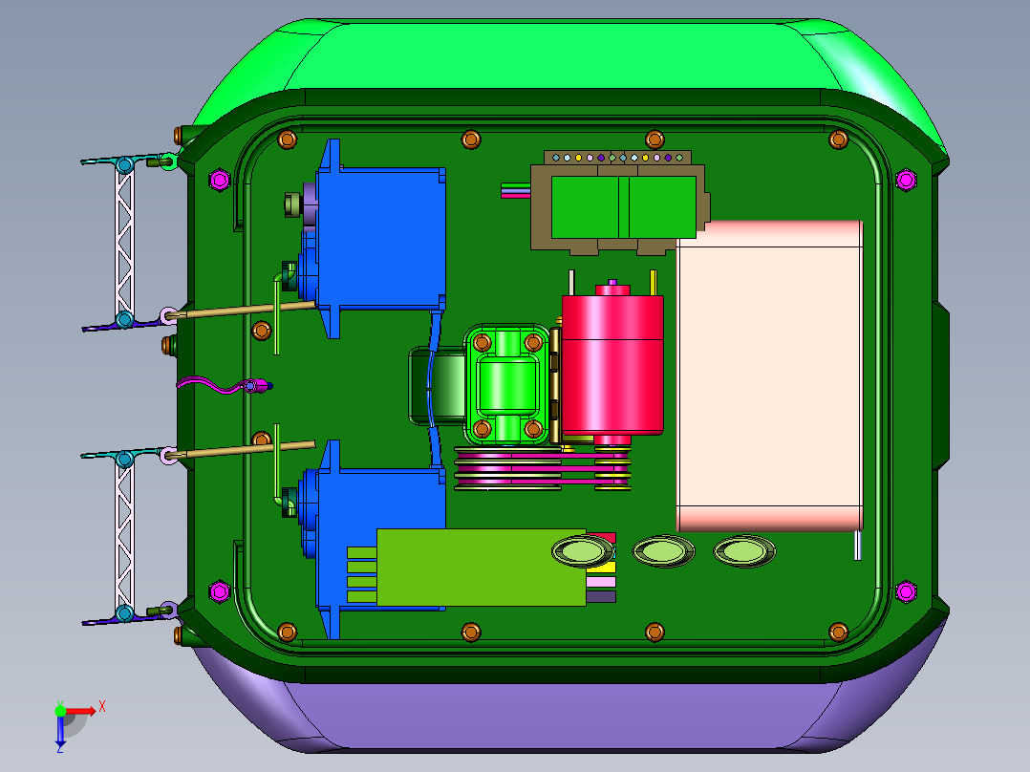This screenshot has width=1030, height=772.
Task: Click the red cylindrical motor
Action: pyautogui.click(x=612, y=365)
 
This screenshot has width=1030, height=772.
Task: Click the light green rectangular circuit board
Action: pyautogui.click(x=482, y=567)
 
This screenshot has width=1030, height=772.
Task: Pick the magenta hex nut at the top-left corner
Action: pyautogui.click(x=220, y=180)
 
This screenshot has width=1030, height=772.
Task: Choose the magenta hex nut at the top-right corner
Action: pyautogui.click(x=906, y=180)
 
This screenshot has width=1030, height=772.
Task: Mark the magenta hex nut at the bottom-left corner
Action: pyautogui.click(x=220, y=591)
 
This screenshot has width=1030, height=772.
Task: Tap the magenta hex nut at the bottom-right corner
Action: pyautogui.click(x=906, y=591)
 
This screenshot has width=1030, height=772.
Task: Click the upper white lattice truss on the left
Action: pyautogui.click(x=124, y=242)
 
